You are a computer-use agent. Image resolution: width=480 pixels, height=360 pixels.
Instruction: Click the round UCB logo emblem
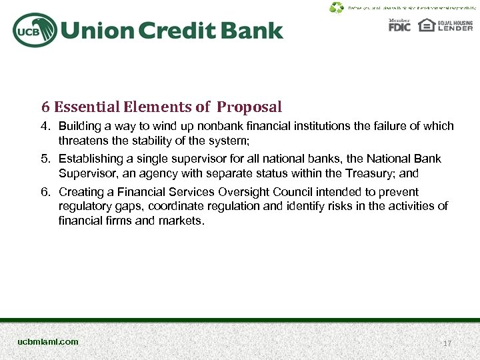point(34,30)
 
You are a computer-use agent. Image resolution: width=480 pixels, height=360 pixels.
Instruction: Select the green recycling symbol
point(337,8)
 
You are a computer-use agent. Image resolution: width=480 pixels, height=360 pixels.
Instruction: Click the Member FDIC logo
point(399,25)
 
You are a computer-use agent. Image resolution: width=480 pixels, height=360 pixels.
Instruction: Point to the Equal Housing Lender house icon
point(426,25)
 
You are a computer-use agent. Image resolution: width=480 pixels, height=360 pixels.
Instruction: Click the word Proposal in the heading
point(249,107)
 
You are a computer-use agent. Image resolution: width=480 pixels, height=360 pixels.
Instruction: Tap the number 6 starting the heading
point(45,107)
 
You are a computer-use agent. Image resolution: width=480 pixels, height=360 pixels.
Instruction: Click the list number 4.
point(45,126)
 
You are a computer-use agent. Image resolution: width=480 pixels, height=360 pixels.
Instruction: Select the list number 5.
point(45,159)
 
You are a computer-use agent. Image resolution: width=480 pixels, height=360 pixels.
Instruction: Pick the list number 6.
point(45,192)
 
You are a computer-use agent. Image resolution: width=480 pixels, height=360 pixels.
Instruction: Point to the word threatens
point(83,141)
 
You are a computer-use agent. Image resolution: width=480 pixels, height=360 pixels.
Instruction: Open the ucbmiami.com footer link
point(48,342)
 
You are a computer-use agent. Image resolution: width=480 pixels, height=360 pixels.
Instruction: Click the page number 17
point(447,343)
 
